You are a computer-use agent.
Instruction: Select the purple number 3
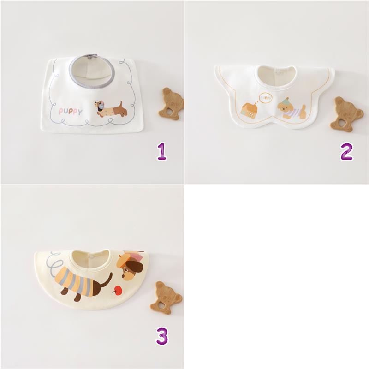tap(162, 336)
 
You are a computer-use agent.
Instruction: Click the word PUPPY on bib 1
tap(71, 111)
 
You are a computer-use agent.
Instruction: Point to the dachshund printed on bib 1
tap(111, 109)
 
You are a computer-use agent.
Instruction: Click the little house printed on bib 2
tap(250, 111)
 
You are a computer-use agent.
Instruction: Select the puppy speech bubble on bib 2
tap(266, 98)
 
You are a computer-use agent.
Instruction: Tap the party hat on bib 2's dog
tap(287, 100)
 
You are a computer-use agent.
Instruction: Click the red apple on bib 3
tap(117, 290)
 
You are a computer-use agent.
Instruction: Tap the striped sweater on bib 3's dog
tap(75, 281)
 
